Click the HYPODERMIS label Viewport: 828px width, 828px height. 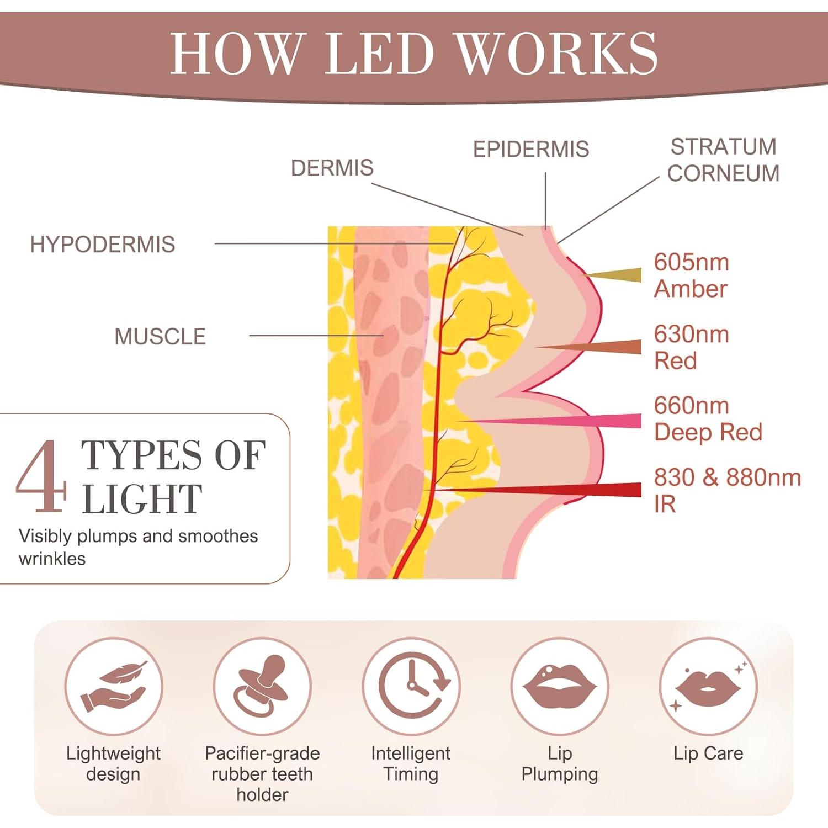point(102,244)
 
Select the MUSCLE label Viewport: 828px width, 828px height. point(160,336)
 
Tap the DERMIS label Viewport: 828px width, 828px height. point(332,168)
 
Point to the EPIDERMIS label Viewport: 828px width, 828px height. point(530,149)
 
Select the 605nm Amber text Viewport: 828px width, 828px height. point(691,275)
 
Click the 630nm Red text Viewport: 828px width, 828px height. point(691,347)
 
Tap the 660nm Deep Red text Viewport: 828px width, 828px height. point(708,419)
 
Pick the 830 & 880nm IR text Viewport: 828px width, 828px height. point(726,490)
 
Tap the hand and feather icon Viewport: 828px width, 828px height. point(113,686)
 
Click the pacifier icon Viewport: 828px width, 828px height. point(262,686)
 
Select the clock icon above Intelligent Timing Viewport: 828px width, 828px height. point(411,686)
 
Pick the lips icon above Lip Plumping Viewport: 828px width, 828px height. point(560,686)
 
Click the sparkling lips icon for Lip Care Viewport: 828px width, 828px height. point(708,686)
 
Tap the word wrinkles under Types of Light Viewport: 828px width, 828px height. point(52,559)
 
